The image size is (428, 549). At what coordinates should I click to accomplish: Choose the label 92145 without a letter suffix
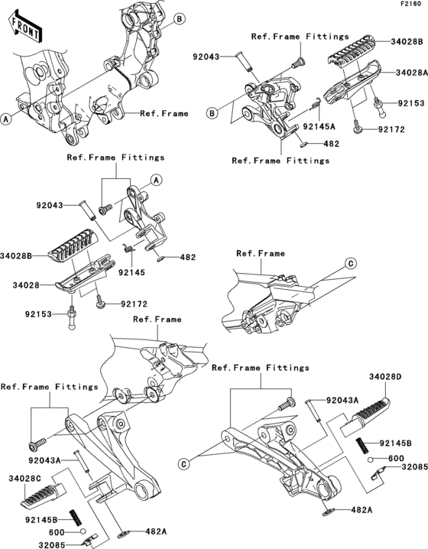[x=129, y=271]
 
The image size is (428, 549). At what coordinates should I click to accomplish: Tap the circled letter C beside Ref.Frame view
[x=351, y=263]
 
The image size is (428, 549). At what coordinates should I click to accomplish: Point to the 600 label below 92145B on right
[x=395, y=459]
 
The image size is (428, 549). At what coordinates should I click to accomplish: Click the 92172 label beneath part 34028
[x=133, y=304]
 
